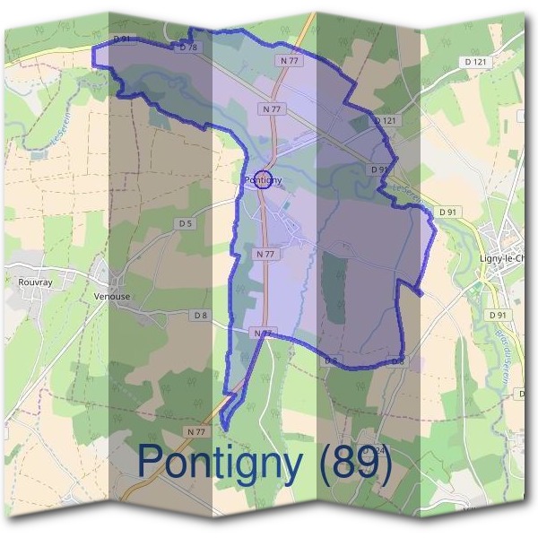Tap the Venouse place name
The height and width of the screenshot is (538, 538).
(x=112, y=296)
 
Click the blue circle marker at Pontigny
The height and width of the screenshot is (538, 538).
(x=263, y=179)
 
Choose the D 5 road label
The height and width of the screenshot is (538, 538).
(x=186, y=222)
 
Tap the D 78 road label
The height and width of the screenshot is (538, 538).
(x=187, y=47)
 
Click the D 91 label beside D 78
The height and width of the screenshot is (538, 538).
(x=124, y=39)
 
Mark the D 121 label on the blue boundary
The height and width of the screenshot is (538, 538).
(x=385, y=120)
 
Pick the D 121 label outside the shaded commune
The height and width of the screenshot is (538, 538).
(x=476, y=61)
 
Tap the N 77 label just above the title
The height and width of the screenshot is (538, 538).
(x=196, y=431)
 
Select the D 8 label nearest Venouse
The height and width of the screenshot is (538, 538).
(x=200, y=316)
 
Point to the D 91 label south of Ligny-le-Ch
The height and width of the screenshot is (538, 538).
(x=498, y=316)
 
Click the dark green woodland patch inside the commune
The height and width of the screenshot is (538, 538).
(x=334, y=287)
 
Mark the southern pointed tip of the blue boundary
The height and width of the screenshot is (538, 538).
(x=223, y=428)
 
